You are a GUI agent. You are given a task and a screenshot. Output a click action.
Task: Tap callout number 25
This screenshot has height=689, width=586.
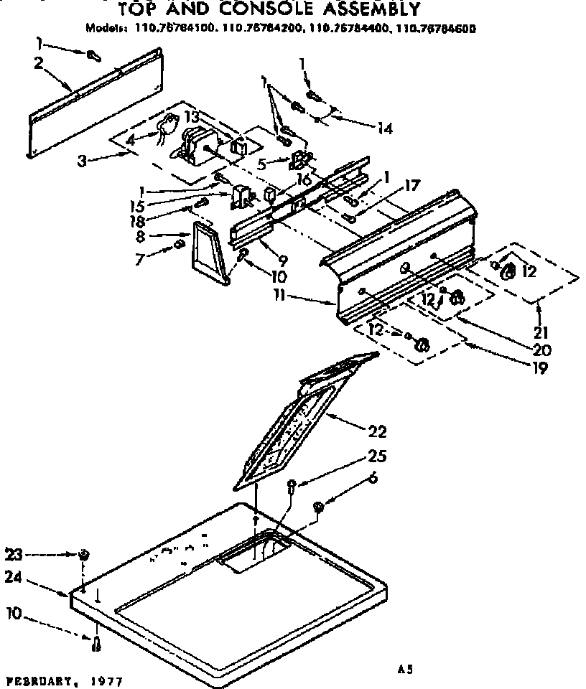click(x=378, y=456)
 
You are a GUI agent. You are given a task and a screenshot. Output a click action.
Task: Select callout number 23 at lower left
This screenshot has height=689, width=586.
click(x=14, y=553)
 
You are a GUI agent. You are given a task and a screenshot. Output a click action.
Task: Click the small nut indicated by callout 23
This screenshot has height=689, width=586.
click(x=85, y=554)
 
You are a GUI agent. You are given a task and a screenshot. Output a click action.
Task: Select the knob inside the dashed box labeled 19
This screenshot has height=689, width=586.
click(x=422, y=346)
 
